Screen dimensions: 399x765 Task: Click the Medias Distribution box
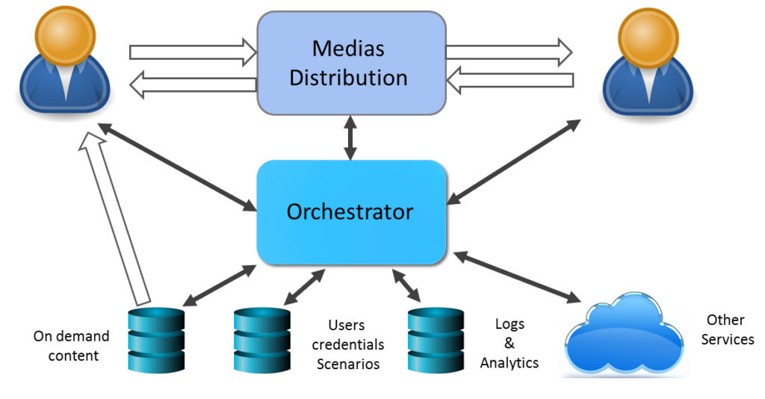351,64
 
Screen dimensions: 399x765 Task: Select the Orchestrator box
351,212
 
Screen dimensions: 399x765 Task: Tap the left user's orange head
65,33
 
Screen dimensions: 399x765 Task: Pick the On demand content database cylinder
156,340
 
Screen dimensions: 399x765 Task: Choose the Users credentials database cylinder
261,340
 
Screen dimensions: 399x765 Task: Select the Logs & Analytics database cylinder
436,340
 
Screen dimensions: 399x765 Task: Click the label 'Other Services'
727,330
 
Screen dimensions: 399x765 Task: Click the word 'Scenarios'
348,365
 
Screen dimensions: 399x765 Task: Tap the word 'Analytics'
510,363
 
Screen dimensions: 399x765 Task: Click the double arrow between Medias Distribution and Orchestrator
350,137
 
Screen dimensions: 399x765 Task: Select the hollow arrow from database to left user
119,217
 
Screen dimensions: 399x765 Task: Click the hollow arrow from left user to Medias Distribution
193,52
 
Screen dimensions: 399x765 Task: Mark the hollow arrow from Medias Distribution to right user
509,52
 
